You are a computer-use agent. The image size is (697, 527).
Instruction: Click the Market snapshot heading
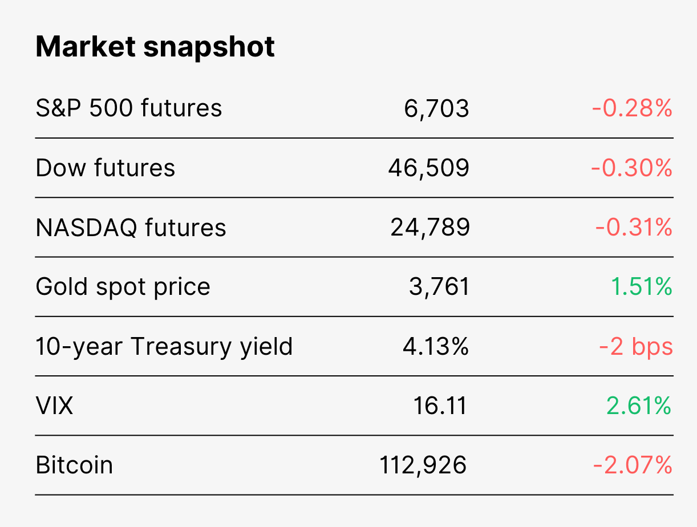point(155,47)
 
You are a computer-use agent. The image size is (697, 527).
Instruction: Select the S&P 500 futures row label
point(128,108)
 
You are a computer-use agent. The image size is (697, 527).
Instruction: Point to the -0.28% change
point(632,108)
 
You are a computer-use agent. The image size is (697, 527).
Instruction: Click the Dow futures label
point(105,167)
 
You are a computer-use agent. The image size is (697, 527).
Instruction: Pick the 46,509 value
point(429,168)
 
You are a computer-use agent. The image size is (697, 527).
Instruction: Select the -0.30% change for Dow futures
point(631,167)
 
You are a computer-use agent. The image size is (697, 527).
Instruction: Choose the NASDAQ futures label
point(131,228)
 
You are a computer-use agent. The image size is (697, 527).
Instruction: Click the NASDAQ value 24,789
point(430,228)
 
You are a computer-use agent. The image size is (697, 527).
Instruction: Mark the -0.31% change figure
point(634,227)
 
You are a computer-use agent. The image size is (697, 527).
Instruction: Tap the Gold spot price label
point(123,287)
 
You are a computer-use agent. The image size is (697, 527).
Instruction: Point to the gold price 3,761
point(439,287)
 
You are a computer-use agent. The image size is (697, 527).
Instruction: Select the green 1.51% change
point(642,286)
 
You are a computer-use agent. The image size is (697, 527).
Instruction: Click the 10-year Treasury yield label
point(164,347)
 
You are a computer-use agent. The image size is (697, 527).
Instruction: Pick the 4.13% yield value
point(436,346)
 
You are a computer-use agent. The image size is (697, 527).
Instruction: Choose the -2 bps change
point(636,347)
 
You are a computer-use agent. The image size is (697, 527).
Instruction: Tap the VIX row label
point(54,406)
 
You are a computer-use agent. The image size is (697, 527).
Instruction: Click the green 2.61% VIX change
point(639,406)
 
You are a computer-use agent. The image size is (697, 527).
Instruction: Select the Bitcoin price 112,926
point(423,465)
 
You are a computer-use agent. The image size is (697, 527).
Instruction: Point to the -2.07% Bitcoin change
point(633,465)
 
